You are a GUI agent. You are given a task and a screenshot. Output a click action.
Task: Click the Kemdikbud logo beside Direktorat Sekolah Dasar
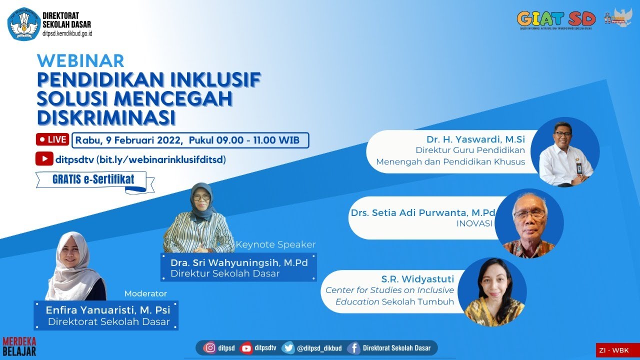click(x=23, y=23)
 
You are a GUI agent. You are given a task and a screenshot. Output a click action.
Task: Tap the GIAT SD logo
click(x=556, y=19)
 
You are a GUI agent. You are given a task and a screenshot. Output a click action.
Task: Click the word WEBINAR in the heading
click(x=80, y=60)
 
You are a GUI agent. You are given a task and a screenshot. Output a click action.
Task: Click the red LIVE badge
click(x=52, y=140)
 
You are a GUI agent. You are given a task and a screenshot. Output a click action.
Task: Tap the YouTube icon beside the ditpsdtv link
click(x=44, y=159)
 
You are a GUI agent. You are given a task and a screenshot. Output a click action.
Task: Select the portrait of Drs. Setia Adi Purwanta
click(x=529, y=223)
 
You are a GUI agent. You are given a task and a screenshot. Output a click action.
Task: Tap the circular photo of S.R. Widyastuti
click(x=492, y=292)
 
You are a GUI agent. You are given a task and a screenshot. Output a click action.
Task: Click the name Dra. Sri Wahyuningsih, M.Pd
click(x=238, y=263)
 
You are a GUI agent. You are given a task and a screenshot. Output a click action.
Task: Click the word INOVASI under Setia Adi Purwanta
click(x=474, y=224)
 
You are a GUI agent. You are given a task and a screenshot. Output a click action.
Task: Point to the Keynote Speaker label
click(x=275, y=244)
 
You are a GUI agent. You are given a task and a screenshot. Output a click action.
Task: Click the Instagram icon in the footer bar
click(x=211, y=348)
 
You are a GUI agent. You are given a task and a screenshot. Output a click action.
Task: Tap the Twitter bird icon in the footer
click(x=288, y=348)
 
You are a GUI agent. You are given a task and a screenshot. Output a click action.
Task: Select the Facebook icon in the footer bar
click(x=353, y=348)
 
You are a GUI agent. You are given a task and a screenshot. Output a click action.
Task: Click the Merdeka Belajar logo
click(x=19, y=346)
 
